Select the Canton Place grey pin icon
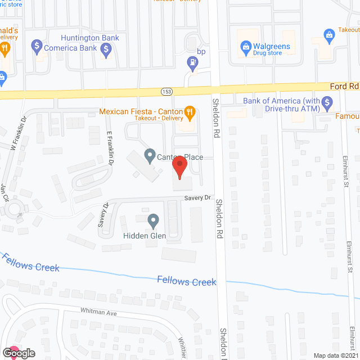[150, 154]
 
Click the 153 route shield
[168, 91]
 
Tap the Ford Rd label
[344, 86]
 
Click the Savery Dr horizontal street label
[198, 198]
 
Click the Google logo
[18, 353]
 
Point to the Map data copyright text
[336, 355]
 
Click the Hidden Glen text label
[145, 236]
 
